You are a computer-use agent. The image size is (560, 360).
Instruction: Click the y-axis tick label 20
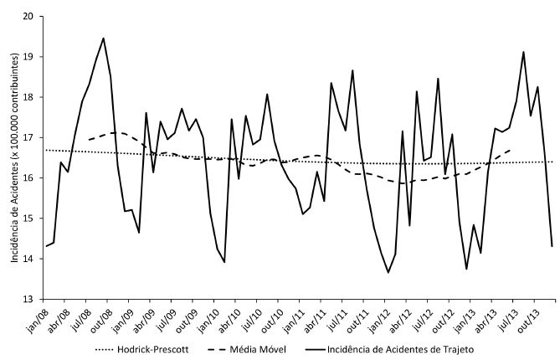point(28,16)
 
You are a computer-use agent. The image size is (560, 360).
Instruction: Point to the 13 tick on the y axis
point(28,299)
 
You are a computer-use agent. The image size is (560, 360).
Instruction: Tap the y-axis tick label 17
point(28,137)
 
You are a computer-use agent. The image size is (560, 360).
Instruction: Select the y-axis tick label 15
point(28,219)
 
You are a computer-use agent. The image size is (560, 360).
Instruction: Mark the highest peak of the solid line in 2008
point(103,38)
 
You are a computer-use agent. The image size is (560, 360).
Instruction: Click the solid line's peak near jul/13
point(523,52)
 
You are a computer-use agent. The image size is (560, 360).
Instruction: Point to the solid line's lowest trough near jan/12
point(388,272)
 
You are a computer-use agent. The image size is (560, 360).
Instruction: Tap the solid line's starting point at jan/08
point(46,246)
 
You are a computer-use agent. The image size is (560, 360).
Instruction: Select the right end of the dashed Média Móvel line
point(510,151)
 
